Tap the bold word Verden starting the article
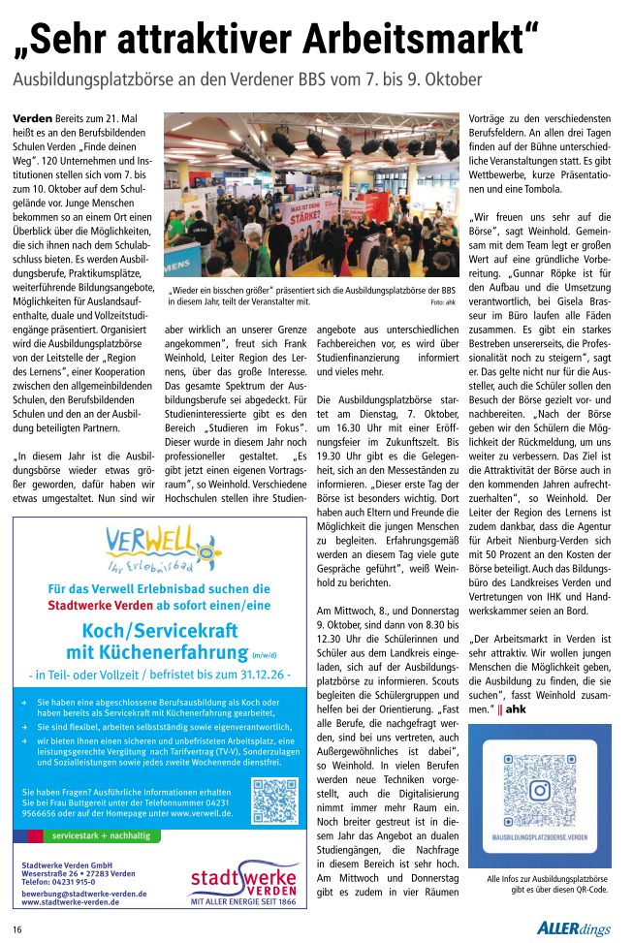click(32, 117)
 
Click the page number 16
click(17, 928)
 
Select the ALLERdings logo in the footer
click(574, 928)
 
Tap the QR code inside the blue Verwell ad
click(273, 799)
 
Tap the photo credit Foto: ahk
click(443, 302)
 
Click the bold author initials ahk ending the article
click(515, 709)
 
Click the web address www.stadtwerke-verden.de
click(71, 901)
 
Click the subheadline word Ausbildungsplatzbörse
click(94, 79)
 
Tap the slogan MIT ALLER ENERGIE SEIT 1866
click(242, 901)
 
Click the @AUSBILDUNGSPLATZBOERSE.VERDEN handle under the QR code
click(539, 835)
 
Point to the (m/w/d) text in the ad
click(264, 654)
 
